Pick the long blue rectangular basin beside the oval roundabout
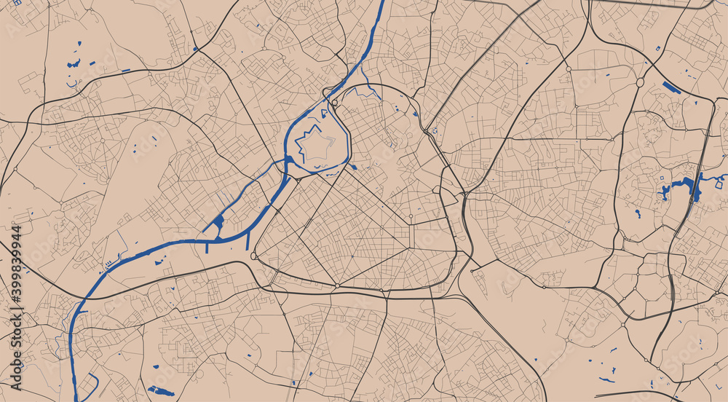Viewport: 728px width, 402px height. pos(671,88)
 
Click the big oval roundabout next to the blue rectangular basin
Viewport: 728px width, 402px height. pos(640,82)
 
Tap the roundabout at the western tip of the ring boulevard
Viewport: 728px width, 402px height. pos(253,256)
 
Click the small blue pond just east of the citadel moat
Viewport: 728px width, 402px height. pos(354,167)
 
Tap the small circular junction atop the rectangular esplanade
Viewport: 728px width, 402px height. pos(411,216)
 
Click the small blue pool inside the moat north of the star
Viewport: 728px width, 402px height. pos(323,113)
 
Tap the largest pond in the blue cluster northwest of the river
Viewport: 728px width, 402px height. pos(74,64)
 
